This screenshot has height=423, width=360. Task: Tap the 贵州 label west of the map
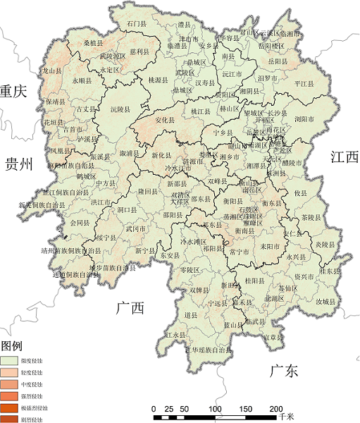(x=19, y=165)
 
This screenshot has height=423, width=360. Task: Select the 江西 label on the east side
(x=344, y=158)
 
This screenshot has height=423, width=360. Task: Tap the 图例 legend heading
(x=13, y=346)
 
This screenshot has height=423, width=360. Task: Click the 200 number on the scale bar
(x=276, y=409)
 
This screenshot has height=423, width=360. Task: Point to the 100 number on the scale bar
(x=215, y=409)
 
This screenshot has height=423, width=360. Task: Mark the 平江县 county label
(x=304, y=83)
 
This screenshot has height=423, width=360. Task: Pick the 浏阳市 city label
(x=304, y=118)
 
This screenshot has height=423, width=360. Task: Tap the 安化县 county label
(x=164, y=121)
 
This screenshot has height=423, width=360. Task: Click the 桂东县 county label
(x=330, y=271)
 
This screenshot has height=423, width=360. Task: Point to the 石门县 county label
(x=137, y=24)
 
